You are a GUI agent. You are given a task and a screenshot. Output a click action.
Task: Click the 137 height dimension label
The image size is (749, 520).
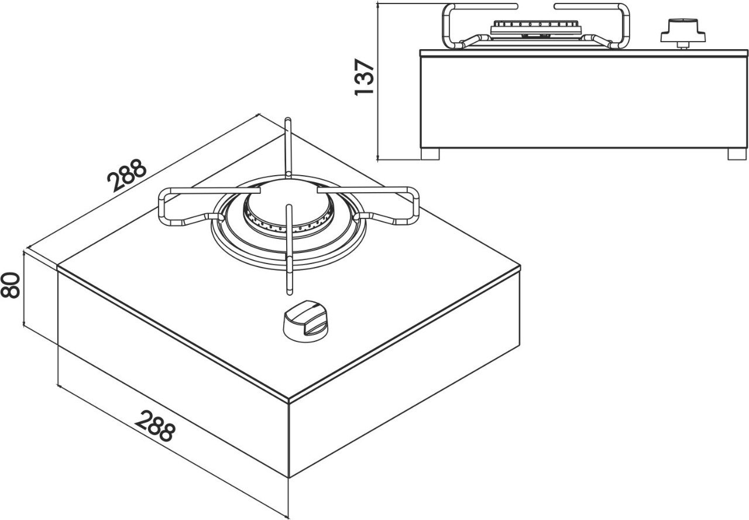364,77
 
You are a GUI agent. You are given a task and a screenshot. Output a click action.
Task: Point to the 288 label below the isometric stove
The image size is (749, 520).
154,426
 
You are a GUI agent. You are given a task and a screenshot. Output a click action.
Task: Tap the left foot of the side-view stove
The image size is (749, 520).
430,154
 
